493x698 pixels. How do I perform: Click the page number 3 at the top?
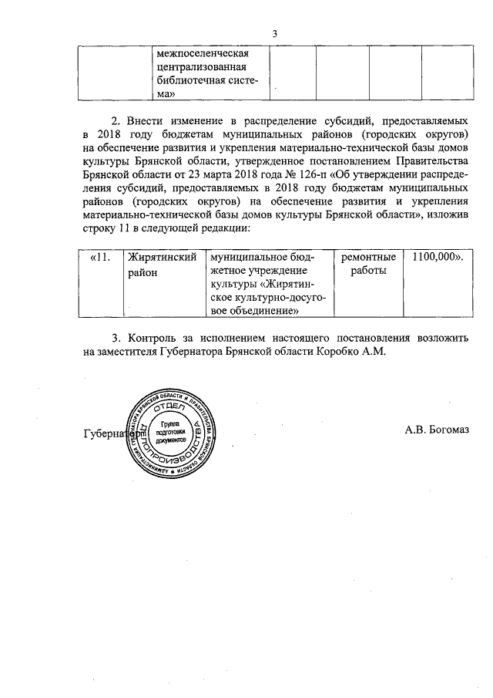coord(274,33)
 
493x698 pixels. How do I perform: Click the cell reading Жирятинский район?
coord(161,265)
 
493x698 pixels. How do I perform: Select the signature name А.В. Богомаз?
coord(436,430)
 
